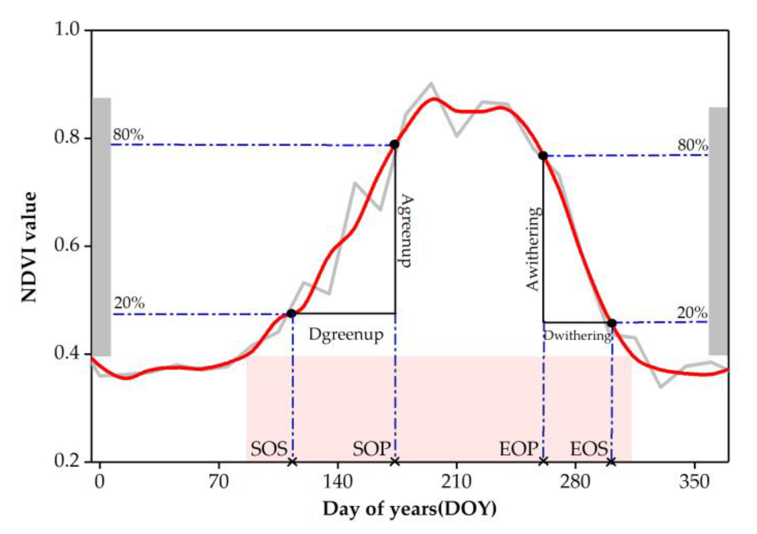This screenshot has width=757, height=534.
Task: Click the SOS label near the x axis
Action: (268, 449)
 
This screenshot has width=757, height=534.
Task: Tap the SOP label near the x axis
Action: (371, 449)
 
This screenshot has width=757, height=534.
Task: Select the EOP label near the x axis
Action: (518, 449)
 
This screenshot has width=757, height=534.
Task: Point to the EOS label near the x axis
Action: (589, 449)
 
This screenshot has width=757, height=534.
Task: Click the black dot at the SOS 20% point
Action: (291, 313)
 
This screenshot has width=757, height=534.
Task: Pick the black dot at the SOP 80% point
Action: (394, 144)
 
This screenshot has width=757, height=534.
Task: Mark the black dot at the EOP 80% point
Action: (543, 155)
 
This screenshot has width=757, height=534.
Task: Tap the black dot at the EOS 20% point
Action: (611, 323)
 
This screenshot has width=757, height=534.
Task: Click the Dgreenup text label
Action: (346, 335)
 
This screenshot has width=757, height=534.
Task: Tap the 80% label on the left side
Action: (128, 135)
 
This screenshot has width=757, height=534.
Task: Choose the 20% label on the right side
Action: (692, 313)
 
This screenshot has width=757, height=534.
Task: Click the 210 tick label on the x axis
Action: (456, 482)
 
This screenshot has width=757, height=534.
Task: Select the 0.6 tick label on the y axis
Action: (67, 246)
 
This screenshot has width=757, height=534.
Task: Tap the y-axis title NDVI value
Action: (29, 247)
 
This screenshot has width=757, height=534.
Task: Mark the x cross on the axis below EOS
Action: (611, 462)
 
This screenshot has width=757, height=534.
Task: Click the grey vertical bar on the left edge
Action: (102, 227)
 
